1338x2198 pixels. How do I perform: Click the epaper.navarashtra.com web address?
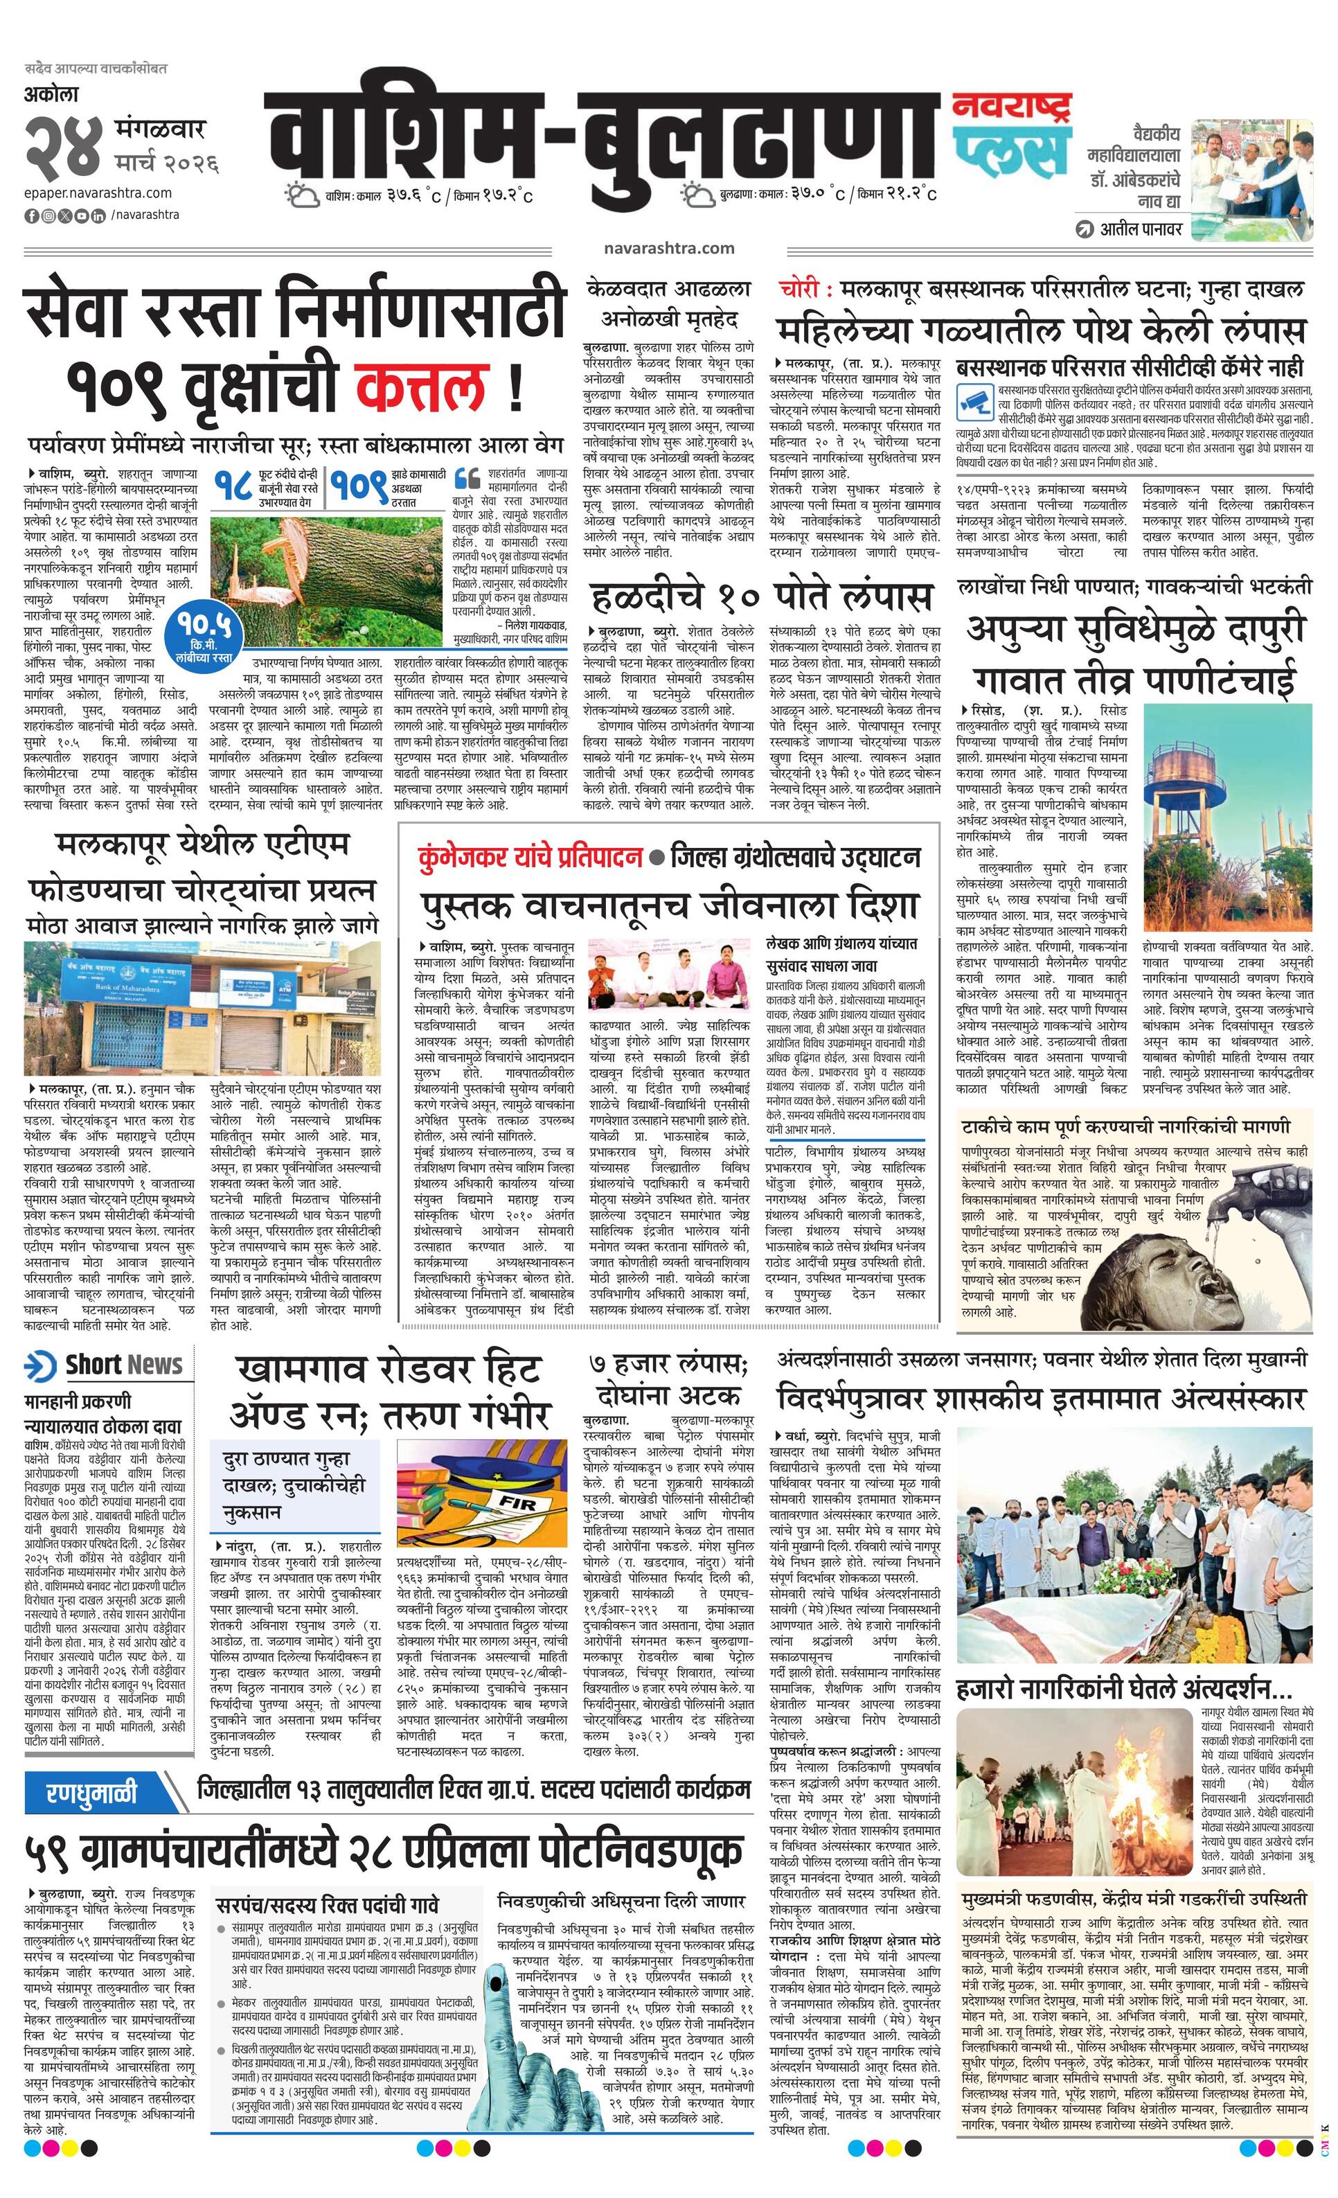point(98,193)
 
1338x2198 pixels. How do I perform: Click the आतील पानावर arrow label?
point(1128,229)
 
